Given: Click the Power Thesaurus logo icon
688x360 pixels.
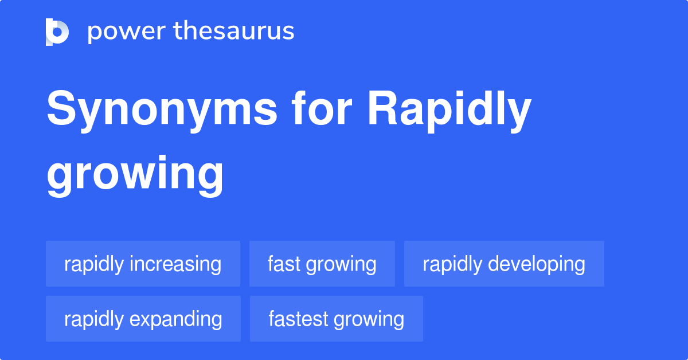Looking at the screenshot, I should point(57,32).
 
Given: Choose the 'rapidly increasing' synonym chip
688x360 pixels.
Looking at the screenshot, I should point(143,264).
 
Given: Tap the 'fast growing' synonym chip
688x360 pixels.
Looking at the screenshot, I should point(322,264).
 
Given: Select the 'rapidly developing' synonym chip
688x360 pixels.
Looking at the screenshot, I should point(504,264).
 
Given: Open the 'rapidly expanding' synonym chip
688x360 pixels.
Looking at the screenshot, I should point(143,319).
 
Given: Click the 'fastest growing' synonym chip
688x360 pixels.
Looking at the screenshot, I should point(336,319).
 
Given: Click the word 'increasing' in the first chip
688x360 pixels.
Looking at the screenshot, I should point(175,264).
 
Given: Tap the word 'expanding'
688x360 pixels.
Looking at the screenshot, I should point(176,319).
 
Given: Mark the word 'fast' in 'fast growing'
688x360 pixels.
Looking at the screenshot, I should point(284,264).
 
